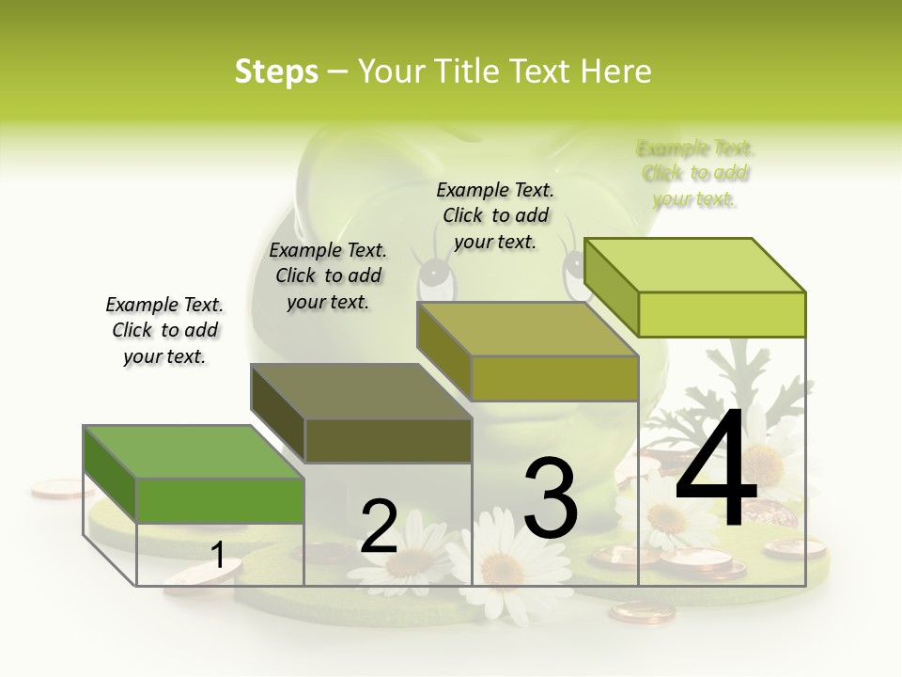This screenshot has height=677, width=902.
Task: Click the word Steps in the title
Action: [276, 71]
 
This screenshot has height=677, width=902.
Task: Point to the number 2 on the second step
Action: [380, 526]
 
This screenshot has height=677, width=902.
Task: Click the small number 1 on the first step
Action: [217, 555]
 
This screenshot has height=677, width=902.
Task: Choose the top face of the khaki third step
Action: [527, 329]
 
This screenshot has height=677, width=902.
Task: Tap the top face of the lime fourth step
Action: [694, 264]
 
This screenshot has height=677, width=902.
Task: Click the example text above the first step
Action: [164, 330]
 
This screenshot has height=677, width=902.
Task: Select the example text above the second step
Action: [328, 276]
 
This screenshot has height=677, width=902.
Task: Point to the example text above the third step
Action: [495, 215]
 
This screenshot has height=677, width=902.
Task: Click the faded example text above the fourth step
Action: [695, 173]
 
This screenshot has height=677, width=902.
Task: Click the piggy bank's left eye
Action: [433, 274]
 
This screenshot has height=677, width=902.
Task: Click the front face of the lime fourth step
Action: [722, 314]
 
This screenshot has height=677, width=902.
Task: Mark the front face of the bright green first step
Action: [220, 500]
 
